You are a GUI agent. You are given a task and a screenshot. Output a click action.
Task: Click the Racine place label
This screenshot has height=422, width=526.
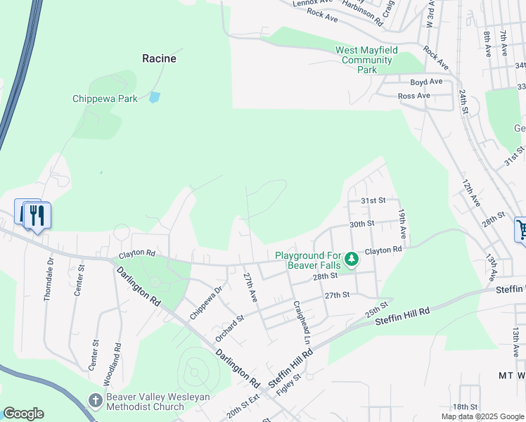pyautogui.click(x=159, y=58)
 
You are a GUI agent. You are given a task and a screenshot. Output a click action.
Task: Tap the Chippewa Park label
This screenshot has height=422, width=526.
pyautogui.click(x=105, y=99)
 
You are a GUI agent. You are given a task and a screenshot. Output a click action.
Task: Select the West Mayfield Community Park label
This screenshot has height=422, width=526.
pyautogui.click(x=366, y=60)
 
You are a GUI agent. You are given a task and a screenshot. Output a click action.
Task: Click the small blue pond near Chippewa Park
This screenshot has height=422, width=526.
pyautogui.click(x=154, y=97)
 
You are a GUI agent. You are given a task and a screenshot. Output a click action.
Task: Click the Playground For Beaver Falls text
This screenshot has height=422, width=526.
pyautogui.click(x=309, y=260)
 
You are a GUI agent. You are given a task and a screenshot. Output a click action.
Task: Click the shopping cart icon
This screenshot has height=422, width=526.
pyautogui.click(x=521, y=229)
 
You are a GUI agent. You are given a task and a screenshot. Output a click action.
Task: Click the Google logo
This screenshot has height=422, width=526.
pyautogui.click(x=23, y=414)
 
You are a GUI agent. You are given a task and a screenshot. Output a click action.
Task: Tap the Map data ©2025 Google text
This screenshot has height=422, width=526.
pyautogui.click(x=482, y=416)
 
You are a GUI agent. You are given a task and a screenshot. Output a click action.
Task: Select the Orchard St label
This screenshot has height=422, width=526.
pyautogui.click(x=230, y=327)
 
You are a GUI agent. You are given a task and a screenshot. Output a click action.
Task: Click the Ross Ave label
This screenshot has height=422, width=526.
pyautogui.click(x=413, y=96)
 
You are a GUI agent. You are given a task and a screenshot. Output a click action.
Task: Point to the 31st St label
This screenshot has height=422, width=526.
pyautogui.click(x=373, y=200)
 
